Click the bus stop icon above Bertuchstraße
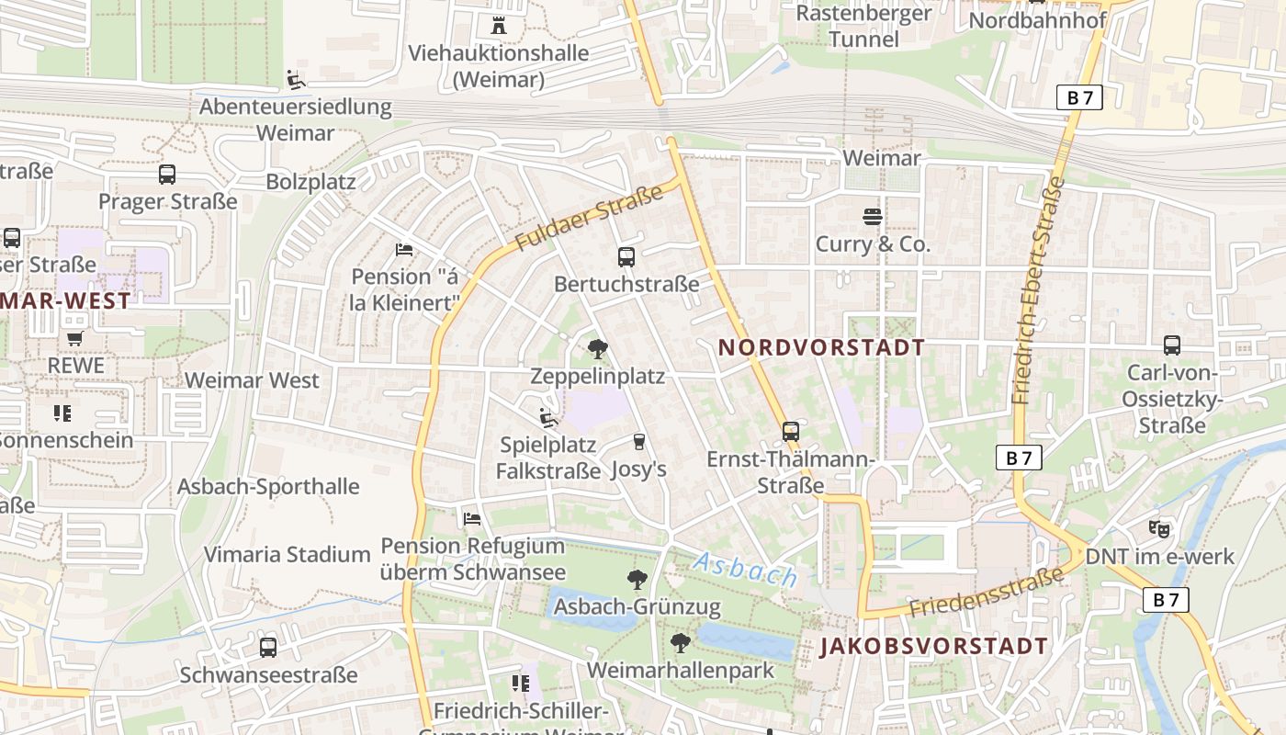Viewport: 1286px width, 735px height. [626, 257]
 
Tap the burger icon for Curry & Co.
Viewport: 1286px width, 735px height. [873, 217]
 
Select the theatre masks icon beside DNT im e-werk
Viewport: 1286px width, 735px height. [1159, 529]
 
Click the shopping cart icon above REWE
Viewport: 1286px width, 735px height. [74, 338]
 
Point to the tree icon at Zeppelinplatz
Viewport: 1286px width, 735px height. [597, 349]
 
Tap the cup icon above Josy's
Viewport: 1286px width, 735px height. [639, 442]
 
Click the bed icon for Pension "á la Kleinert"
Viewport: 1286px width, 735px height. [404, 249]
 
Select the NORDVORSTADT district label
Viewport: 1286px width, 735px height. [821, 347]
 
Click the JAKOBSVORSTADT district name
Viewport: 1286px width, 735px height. [933, 646]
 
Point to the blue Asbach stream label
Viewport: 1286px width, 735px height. [745, 570]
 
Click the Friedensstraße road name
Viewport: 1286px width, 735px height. [987, 593]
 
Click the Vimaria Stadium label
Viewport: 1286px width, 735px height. [287, 555]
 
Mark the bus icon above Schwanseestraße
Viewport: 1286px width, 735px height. [268, 648]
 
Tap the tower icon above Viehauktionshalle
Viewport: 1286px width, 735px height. [499, 25]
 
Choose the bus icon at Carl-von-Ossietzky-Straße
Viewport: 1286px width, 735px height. [1172, 345]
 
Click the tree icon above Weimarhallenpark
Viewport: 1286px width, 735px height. [680, 643]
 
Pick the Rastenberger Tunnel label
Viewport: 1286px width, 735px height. [863, 26]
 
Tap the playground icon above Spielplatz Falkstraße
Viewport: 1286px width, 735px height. [548, 418]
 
